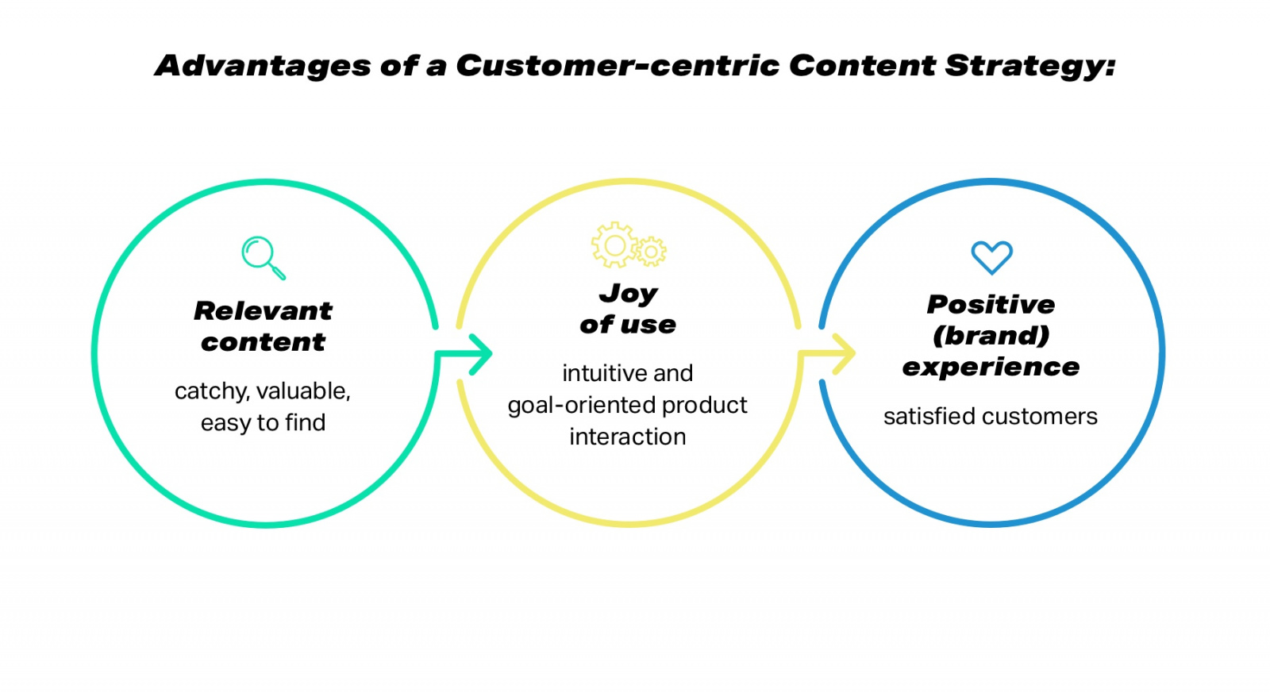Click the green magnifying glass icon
point(262,256)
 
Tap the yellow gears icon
point(628,245)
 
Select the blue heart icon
point(991,257)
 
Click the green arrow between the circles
point(472,354)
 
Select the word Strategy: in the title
point(1030,66)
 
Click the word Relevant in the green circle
point(263,310)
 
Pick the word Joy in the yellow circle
point(628,294)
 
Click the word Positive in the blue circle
point(991,304)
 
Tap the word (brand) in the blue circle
point(991,336)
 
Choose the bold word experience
point(991,367)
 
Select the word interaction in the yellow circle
point(627,437)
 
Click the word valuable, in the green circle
point(303,391)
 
